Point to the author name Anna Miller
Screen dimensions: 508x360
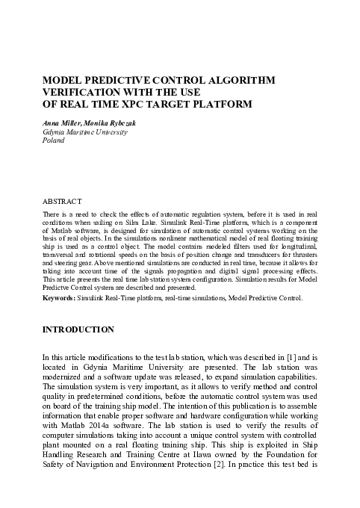coord(62,123)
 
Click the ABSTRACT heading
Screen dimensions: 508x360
coord(62,202)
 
